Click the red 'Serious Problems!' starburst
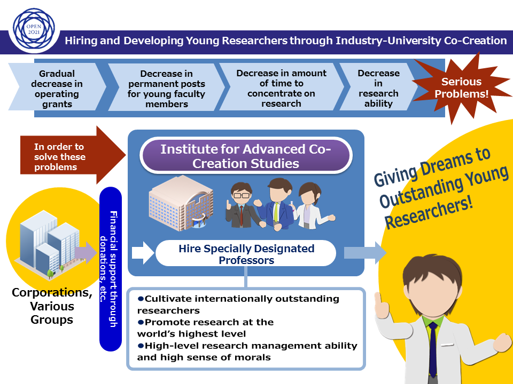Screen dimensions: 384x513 click(x=461, y=87)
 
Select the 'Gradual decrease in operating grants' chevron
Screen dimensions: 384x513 click(x=57, y=89)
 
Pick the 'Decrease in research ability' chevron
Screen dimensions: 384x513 click(x=378, y=89)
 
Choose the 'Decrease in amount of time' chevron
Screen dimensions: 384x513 click(x=281, y=89)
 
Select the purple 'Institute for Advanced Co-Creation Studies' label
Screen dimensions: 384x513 click(x=246, y=156)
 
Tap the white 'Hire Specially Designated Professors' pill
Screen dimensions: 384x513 click(x=246, y=254)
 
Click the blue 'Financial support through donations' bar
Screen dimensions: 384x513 click(x=111, y=269)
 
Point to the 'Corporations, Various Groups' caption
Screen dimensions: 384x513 click(x=51, y=306)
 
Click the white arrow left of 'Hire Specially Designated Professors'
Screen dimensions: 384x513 click(x=142, y=253)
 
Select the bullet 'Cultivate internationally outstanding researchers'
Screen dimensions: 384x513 click(x=238, y=304)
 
